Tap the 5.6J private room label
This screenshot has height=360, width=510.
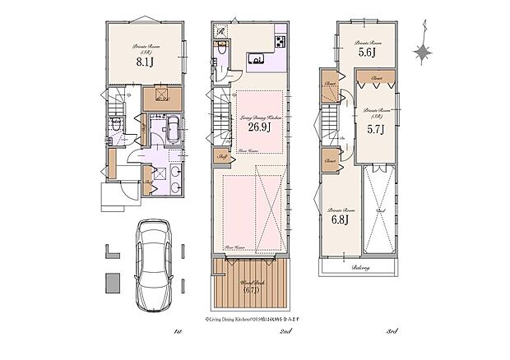pos(366,52)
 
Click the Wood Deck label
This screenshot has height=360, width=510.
pos(250,287)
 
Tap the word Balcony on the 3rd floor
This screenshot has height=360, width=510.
pos(360,268)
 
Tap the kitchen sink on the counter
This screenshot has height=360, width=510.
pos(257,58)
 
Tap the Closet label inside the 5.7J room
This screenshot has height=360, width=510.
pos(376,79)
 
